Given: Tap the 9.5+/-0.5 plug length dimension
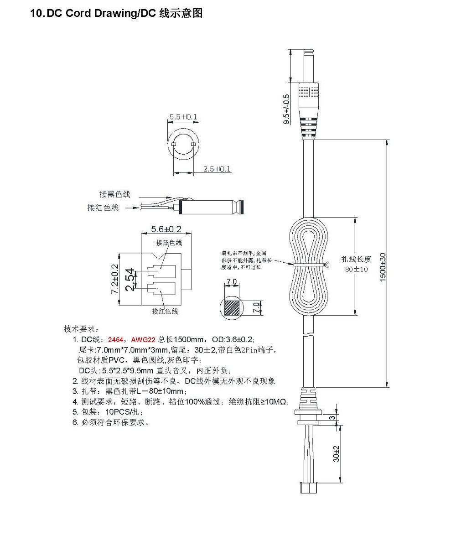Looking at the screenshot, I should (x=286, y=109).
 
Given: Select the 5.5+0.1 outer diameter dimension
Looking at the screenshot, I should (x=183, y=117).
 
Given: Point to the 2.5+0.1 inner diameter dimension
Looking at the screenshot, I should (x=217, y=169).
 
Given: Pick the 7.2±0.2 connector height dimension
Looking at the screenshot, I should (x=115, y=279).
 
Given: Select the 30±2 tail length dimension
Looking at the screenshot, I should (x=336, y=454).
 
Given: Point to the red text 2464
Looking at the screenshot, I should (x=115, y=340).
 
